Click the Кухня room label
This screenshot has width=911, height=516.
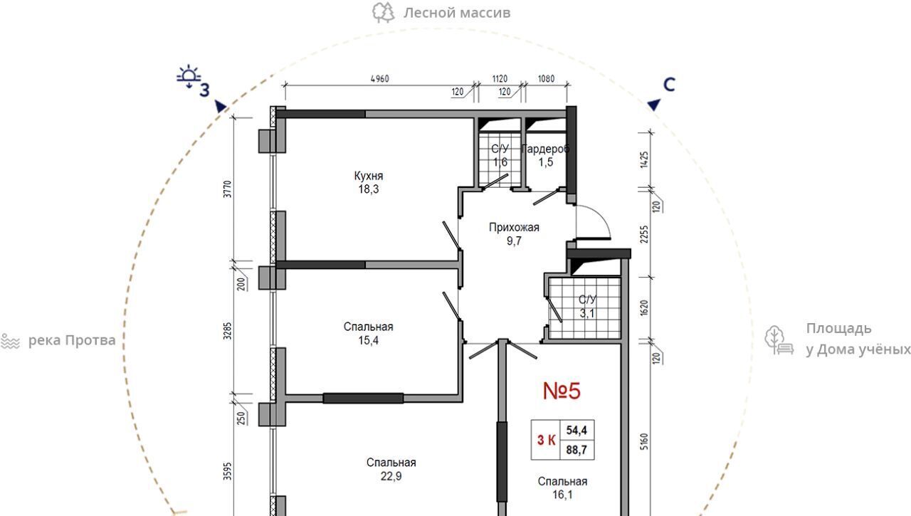coord(369,176)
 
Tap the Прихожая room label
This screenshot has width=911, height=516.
coord(514,227)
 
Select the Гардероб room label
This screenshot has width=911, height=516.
coord(545,149)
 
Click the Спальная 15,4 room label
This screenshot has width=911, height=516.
coord(369,333)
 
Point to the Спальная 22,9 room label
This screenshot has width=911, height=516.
coord(391,469)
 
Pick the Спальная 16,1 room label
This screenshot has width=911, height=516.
coord(562,488)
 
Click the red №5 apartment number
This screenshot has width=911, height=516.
coord(562,391)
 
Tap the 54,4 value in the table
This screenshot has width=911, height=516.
coord(576,430)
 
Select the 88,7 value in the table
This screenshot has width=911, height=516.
coord(576,450)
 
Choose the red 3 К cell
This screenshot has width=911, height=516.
coord(546,440)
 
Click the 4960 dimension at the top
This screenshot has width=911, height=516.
coord(379,78)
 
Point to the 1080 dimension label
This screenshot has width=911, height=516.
coord(546,78)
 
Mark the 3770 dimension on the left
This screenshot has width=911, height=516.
coord(228,189)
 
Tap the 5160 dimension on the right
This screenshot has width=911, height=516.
coord(644,441)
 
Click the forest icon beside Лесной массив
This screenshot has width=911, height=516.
coord(384,13)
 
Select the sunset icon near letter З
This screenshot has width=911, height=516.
coord(189,76)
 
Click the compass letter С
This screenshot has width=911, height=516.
coord(669,85)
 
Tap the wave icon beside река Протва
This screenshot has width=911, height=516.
coord(10,341)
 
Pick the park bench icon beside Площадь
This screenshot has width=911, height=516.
coord(779,340)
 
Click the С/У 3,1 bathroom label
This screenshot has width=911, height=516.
coord(587,306)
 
